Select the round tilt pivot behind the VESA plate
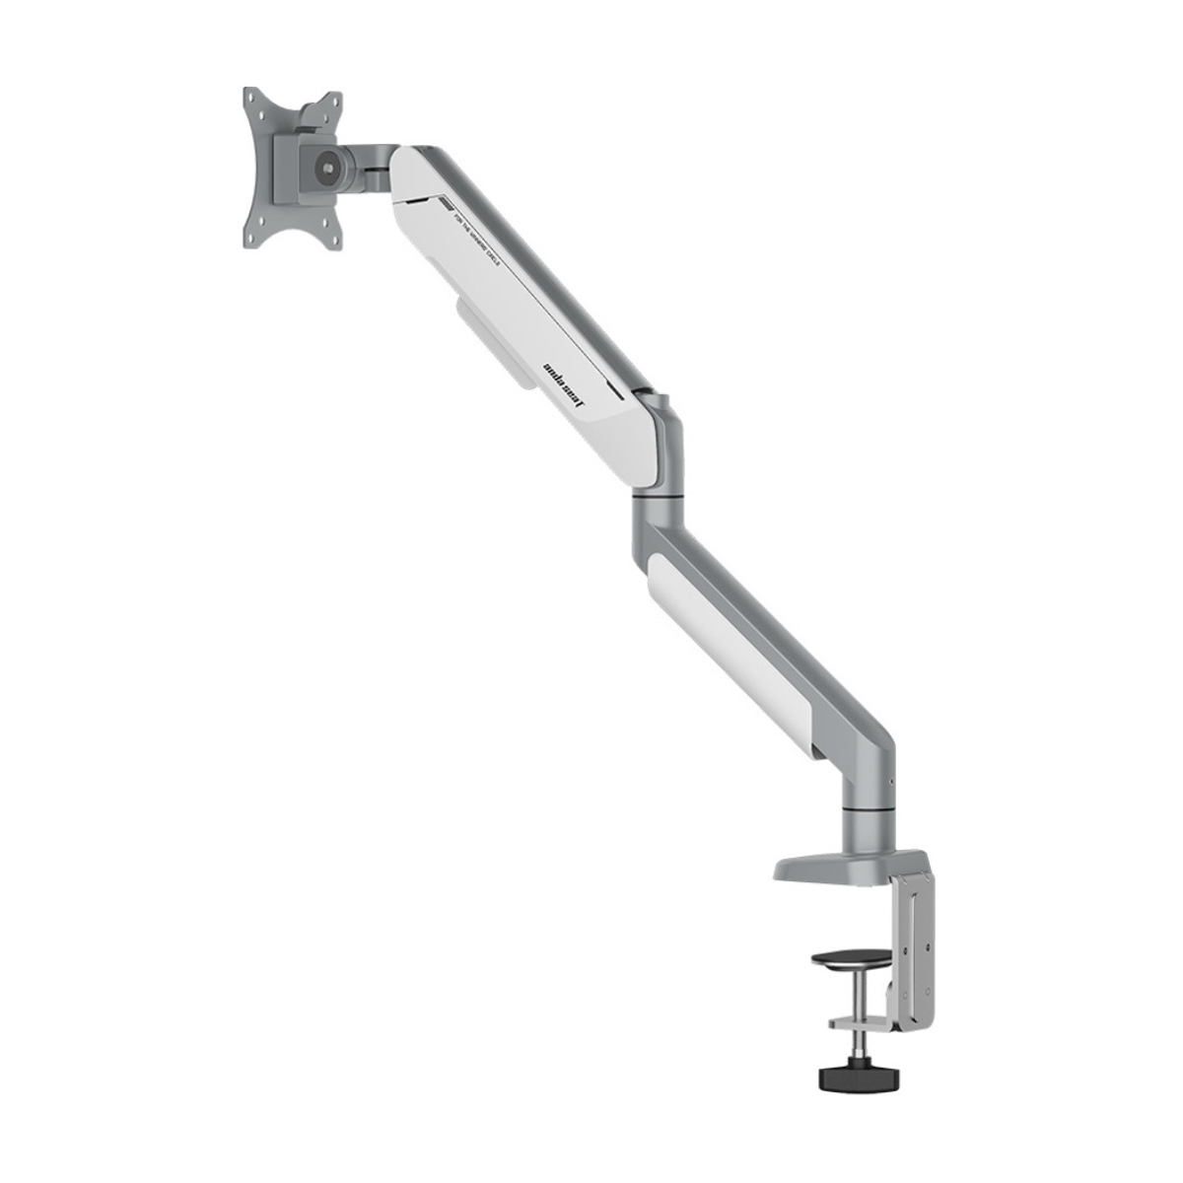[x=321, y=166]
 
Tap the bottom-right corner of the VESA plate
[x=333, y=239]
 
